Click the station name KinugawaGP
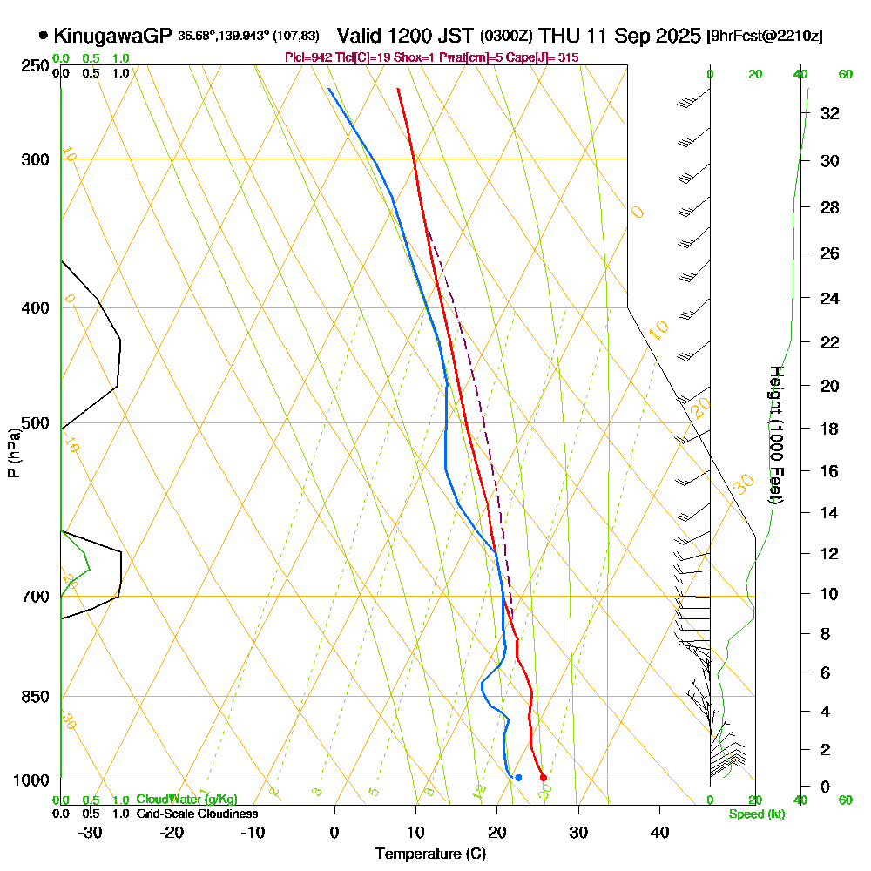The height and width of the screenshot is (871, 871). tap(112, 36)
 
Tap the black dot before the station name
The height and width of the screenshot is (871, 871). tap(44, 36)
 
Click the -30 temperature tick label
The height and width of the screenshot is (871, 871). tap(91, 832)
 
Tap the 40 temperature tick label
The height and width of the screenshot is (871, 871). tap(659, 832)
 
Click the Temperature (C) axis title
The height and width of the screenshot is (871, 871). tap(430, 854)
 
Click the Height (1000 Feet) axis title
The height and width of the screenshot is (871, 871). tap(774, 435)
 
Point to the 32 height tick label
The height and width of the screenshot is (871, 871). tap(829, 113)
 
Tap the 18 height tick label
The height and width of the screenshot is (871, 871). tap(829, 429)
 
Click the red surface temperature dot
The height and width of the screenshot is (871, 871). tap(543, 777)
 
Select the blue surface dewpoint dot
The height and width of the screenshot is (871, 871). tap(518, 777)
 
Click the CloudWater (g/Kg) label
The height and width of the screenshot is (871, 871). tap(186, 800)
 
